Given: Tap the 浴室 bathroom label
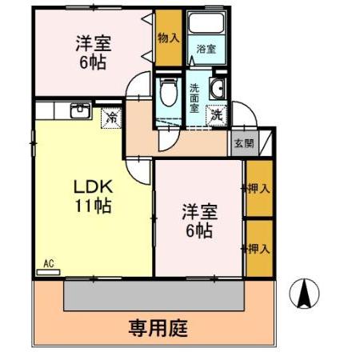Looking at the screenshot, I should click(206, 50).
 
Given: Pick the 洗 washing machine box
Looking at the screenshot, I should click(216, 114).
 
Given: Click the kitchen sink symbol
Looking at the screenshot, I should click(80, 111).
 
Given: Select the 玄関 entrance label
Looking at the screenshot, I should click(243, 144).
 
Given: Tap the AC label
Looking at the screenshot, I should click(47, 263).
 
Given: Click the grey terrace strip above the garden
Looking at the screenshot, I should click(152, 296).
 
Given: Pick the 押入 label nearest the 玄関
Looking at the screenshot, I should click(258, 189).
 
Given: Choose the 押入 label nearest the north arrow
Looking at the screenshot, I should click(258, 250).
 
